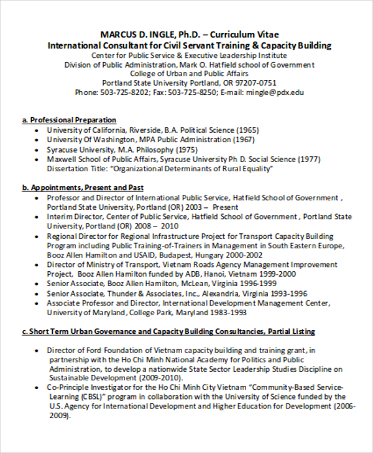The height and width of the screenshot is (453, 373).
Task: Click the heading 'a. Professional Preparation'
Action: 70,120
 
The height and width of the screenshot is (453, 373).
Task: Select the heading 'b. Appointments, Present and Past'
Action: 83,187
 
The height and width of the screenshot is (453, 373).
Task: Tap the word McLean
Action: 184,284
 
